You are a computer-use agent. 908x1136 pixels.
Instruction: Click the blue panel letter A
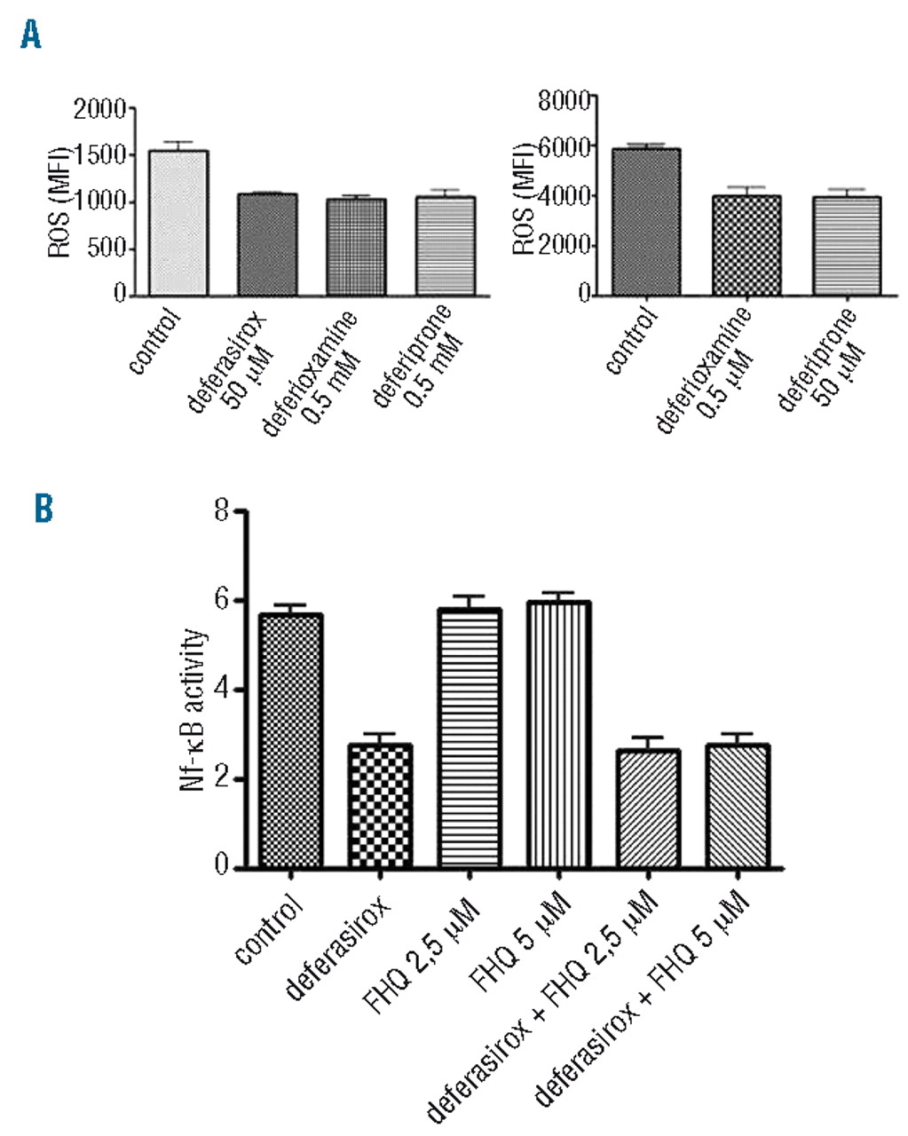(31, 36)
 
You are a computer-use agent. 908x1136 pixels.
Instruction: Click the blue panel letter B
(43, 509)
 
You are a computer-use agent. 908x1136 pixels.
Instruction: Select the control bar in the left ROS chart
(178, 223)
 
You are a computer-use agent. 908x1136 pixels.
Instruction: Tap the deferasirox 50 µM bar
(266, 244)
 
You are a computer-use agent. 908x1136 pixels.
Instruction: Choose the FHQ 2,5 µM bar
(470, 738)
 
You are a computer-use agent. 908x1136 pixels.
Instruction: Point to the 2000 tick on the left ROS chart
(103, 109)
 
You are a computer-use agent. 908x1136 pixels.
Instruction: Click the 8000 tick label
(565, 99)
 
